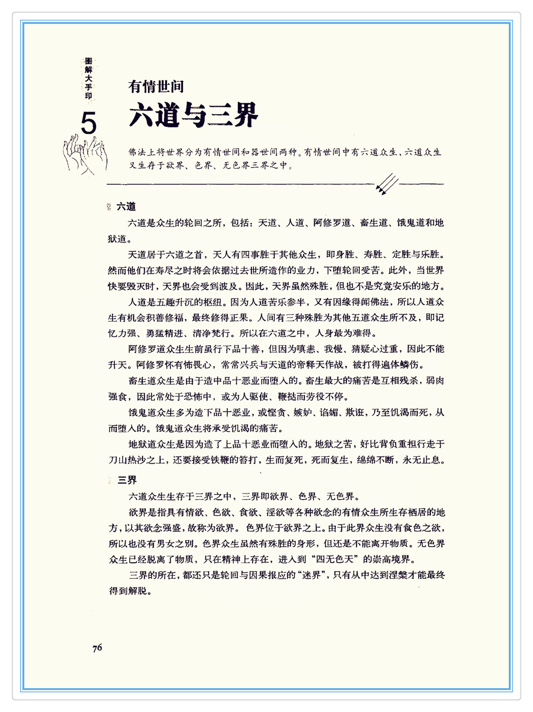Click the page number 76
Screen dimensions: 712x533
[97, 647]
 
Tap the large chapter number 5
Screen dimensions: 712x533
[88, 123]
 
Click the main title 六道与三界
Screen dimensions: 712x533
[193, 115]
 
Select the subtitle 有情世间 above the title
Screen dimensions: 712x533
[156, 86]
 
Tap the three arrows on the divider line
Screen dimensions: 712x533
[387, 184]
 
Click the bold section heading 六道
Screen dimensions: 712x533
[126, 207]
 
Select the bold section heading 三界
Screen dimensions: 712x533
[127, 480]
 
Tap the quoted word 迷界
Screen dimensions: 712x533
[312, 575]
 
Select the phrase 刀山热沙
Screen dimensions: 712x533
[127, 460]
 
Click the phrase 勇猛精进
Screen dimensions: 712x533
[164, 334]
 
